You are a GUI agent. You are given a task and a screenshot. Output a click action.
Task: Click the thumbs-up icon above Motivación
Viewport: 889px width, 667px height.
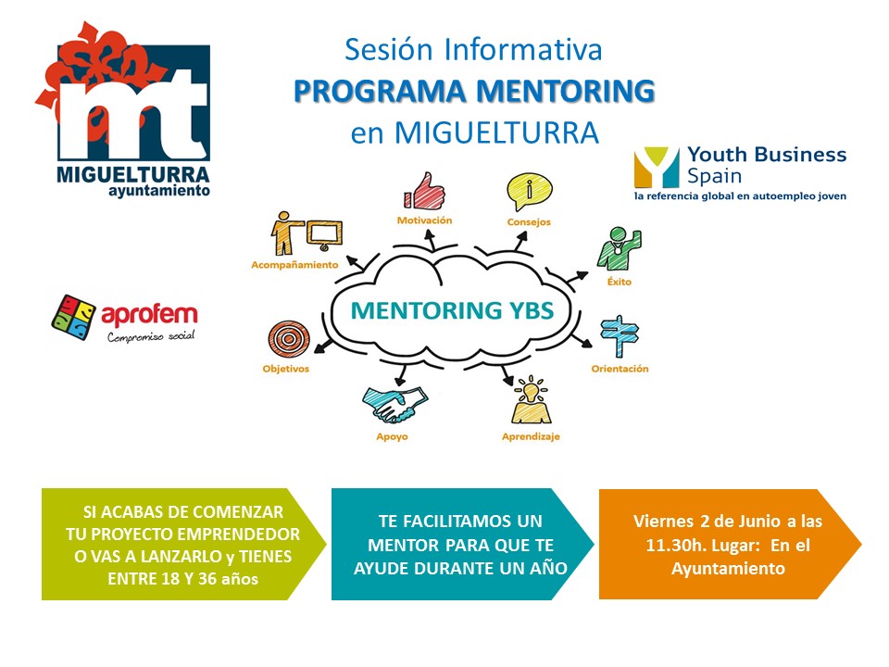coord(424,191)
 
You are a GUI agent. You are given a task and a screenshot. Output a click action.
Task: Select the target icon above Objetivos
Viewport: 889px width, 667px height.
coord(289,340)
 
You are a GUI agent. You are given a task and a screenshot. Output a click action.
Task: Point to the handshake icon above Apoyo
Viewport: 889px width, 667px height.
coord(395,405)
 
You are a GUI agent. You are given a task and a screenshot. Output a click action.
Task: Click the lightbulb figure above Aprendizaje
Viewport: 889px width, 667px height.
coord(531,400)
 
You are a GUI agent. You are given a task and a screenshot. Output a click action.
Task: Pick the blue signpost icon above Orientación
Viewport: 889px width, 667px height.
coord(620,336)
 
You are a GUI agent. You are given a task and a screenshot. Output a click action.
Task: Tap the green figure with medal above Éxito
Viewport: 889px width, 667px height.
coord(619,249)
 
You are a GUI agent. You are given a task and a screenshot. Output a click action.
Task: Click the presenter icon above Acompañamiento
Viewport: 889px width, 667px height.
coord(307,233)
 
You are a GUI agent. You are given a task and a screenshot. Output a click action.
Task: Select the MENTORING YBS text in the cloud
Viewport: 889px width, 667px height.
coord(452,310)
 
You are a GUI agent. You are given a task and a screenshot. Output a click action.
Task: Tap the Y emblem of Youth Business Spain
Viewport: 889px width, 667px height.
coord(657,168)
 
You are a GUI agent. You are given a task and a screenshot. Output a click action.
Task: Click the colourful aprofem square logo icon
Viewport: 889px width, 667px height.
coord(74,317)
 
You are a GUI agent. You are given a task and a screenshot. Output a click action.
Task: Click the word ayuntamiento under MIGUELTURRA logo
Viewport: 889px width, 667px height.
coord(159,191)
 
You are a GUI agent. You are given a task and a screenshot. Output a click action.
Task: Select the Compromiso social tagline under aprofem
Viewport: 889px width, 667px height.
coord(151,337)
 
